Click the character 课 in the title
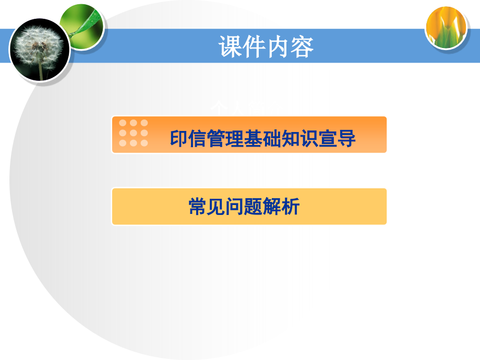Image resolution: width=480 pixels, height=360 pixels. click(231, 47)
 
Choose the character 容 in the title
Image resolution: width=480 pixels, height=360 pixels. click(302, 47)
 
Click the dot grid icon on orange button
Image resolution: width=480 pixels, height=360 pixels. click(134, 133)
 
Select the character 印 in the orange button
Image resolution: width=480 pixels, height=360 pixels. click(179, 139)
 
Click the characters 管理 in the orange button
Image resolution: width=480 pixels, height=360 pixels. click(226, 139)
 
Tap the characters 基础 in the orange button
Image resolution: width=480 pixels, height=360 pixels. click(263, 139)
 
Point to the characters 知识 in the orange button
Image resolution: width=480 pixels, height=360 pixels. click(300, 139)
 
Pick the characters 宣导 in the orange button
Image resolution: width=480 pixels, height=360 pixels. click(337, 139)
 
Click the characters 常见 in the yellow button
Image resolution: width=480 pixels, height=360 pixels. click(207, 207)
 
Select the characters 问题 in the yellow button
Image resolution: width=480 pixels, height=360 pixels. click(244, 207)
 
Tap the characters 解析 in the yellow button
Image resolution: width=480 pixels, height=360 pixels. click(281, 207)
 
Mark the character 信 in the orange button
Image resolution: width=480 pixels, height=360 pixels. click(198, 139)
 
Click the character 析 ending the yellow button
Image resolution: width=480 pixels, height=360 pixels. click(291, 207)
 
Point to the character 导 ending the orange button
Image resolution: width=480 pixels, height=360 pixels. click(346, 139)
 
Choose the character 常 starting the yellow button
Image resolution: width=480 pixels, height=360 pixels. click(198, 207)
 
